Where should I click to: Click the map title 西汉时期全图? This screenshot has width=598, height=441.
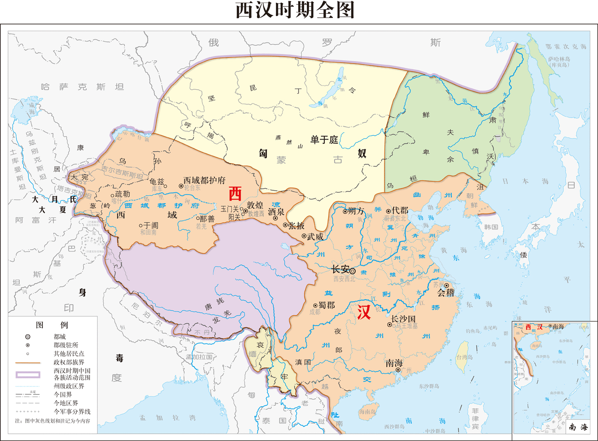click(x=295, y=10)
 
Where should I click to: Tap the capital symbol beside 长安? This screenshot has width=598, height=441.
click(x=353, y=271)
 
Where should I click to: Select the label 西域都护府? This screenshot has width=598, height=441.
click(x=204, y=180)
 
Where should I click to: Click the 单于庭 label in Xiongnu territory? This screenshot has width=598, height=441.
click(x=324, y=140)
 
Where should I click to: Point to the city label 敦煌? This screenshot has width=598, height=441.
click(x=255, y=205)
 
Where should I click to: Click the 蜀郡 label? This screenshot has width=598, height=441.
click(x=326, y=305)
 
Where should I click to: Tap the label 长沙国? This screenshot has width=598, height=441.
click(x=403, y=319)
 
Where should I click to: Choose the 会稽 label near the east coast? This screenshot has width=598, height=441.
click(x=445, y=293)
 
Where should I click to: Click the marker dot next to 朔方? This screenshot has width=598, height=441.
click(x=345, y=211)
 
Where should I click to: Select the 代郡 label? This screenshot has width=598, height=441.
click(x=400, y=210)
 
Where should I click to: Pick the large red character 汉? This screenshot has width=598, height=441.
click(x=364, y=312)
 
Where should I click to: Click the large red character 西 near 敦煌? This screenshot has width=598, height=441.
click(x=235, y=194)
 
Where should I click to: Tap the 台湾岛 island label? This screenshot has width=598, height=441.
click(x=464, y=357)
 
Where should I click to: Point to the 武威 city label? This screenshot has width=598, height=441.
click(x=315, y=237)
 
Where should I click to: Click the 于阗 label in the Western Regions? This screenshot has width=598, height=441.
click(x=151, y=225)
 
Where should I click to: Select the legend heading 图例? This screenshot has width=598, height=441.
click(x=52, y=325)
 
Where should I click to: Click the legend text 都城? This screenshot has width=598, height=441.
click(x=60, y=337)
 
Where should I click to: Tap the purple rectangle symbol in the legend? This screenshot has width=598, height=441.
click(x=28, y=374)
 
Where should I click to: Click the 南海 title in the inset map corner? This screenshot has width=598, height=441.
click(x=578, y=427)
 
